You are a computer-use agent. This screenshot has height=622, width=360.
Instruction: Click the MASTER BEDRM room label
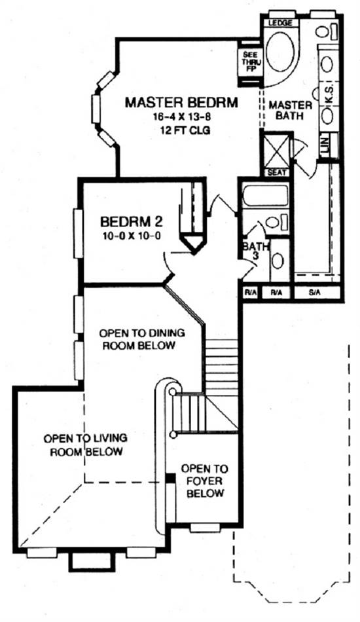coord(181,102)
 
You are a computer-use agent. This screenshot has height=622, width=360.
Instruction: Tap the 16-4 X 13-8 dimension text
coord(182,117)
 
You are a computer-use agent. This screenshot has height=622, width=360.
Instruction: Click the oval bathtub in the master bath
coord(280,52)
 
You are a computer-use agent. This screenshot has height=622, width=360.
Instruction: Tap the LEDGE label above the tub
coord(280,23)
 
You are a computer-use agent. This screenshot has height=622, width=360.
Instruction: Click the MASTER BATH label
coord(290,110)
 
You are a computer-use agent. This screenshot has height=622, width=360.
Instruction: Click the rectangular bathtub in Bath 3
coord(265,195)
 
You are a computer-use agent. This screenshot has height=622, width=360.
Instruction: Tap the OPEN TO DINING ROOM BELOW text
coord(139,338)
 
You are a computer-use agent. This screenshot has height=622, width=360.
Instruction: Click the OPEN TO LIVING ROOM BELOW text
coord(86,445)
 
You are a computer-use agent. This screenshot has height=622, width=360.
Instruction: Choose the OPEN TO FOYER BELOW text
coord(205,481)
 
